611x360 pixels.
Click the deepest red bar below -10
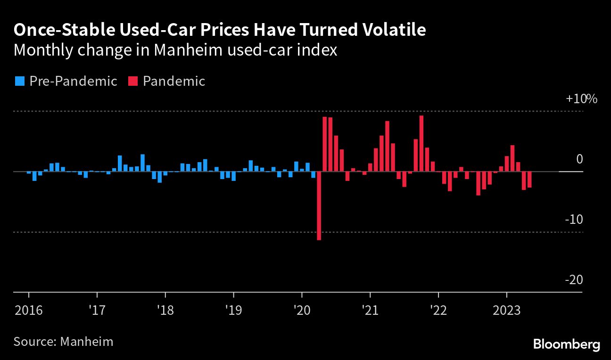pos(319,206)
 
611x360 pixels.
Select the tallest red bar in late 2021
pos(421,143)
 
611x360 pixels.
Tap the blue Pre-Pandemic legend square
pos(19,81)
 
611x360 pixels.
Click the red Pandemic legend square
pos(132,81)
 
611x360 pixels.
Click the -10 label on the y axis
pos(574,220)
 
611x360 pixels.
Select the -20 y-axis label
pos(574,280)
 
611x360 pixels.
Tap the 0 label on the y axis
pos(579,159)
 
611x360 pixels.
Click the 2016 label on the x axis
pos(29,311)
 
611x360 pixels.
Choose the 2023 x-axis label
pos(507,311)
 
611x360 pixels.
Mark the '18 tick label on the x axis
pos(165,311)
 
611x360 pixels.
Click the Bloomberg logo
pos(566,344)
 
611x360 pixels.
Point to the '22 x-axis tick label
pos(438,311)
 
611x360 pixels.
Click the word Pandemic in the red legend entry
pos(174,81)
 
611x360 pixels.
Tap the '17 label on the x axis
pos(97,311)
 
